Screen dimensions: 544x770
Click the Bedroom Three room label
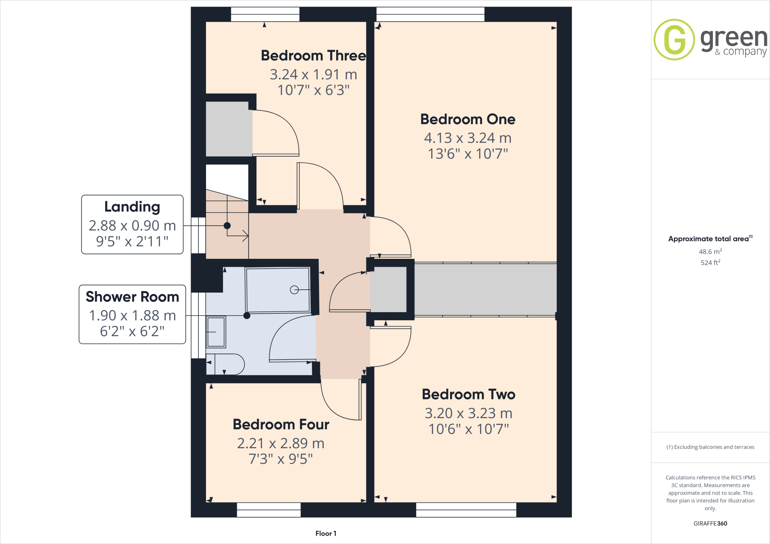point(313,56)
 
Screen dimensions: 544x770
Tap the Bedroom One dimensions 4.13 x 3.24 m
point(468,138)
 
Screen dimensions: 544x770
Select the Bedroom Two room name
point(468,394)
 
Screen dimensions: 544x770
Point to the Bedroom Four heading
point(281,425)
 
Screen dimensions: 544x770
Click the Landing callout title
point(132,207)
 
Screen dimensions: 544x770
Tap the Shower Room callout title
point(132,297)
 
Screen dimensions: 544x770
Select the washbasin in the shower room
point(216,332)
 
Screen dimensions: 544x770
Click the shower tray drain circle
point(294,290)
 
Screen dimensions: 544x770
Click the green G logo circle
point(674,39)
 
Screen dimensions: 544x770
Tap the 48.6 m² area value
point(710,252)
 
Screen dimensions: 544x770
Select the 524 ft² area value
point(710,263)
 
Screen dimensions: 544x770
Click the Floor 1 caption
point(326,533)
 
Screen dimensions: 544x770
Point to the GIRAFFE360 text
point(710,523)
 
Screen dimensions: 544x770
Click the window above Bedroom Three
point(265,14)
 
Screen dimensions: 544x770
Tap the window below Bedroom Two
point(466,510)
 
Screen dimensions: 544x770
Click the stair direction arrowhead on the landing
point(246,236)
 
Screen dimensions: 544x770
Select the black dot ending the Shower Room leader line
point(247,316)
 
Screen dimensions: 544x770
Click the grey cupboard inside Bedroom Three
point(229,129)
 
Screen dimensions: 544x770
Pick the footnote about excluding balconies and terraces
point(710,447)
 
